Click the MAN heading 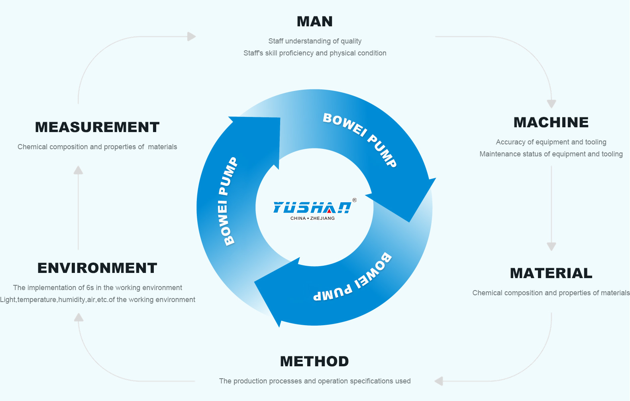click(315, 22)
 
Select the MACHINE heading click(551, 122)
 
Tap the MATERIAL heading click(551, 273)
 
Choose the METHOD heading click(314, 361)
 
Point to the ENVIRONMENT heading click(97, 268)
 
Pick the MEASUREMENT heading click(97, 127)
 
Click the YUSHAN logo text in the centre click(312, 207)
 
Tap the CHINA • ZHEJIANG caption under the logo click(312, 218)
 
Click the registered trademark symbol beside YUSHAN click(354, 200)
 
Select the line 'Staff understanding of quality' click(315, 41)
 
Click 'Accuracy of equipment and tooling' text click(551, 142)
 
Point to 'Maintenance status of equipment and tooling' click(551, 154)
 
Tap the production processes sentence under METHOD click(315, 381)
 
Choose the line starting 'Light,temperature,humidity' click(98, 300)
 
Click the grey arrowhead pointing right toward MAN click(192, 37)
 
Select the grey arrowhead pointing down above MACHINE click(551, 104)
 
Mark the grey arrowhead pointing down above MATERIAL click(551, 246)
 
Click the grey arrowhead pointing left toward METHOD click(439, 381)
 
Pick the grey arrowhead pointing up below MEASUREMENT click(78, 170)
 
